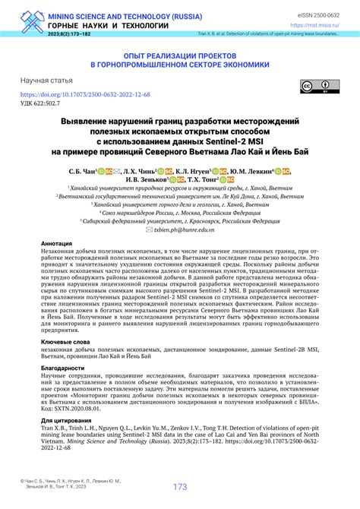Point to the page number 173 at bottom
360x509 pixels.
pyautogui.click(x=180, y=487)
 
